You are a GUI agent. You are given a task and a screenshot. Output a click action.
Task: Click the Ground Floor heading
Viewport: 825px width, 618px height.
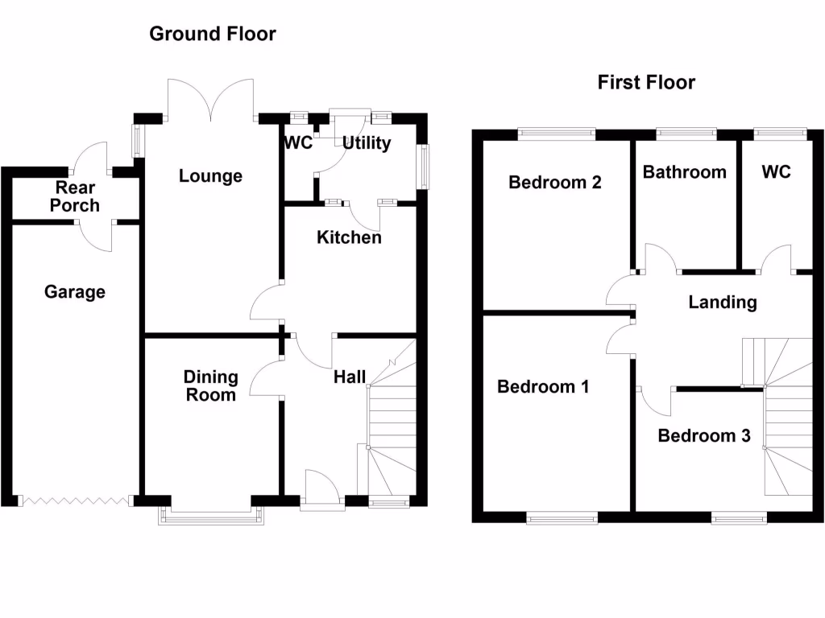213,34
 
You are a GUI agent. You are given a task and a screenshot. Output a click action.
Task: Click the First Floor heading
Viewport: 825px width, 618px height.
646,82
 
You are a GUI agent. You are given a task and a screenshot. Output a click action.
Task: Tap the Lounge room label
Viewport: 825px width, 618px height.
210,175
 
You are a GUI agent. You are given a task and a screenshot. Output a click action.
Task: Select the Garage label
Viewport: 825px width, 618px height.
75,291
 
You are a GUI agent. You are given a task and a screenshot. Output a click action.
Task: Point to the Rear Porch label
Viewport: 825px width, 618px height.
75,196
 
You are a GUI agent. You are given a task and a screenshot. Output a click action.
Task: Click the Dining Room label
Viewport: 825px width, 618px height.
211,385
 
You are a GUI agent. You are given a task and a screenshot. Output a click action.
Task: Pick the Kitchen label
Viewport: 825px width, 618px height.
349,237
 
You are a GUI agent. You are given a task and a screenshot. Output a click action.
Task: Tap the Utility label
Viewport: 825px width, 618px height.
367,143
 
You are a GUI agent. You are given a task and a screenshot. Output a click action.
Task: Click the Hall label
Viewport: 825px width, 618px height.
350,377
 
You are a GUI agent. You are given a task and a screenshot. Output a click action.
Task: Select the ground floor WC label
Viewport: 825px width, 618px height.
296,143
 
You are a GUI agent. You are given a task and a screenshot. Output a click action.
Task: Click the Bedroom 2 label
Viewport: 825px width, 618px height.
555,182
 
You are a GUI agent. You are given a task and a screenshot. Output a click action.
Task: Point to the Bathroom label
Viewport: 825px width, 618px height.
684,171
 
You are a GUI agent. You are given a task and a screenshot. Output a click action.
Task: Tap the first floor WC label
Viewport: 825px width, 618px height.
776,171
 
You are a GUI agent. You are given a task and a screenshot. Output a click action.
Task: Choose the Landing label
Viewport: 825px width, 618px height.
723,302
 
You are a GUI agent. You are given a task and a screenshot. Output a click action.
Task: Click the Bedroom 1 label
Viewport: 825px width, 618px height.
543,386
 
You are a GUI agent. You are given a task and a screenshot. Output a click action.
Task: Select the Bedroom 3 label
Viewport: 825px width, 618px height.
704,435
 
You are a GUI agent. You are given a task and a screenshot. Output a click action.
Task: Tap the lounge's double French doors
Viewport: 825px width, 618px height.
210,101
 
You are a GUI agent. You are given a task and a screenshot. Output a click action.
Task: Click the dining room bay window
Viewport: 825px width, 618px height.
212,515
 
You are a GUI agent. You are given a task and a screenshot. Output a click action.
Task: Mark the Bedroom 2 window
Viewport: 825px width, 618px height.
556,134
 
